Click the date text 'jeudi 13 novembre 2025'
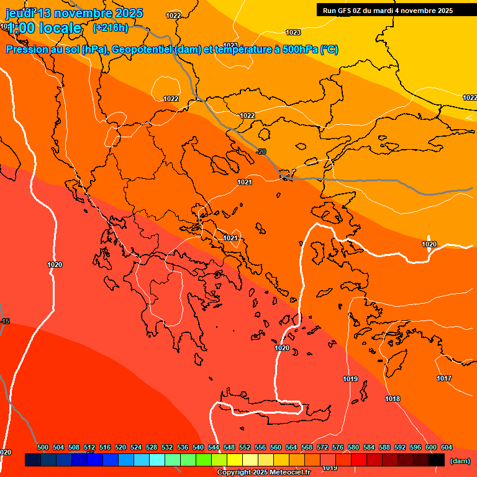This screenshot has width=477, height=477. pos(74,13)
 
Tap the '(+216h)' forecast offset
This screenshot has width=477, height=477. pos(111,28)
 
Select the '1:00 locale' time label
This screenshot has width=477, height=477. pos(44,28)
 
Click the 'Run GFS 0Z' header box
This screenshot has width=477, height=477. pos(388,11)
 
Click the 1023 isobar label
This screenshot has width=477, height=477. pos(293,32)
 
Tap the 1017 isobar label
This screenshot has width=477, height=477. pos(444,378)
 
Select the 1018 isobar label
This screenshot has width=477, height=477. pos(393,399)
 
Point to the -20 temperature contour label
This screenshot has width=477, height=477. pos(261,152)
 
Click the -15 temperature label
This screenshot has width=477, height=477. pos(6,321)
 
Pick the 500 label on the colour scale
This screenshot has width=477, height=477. pos(43,447)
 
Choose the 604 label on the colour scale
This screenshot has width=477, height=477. pos(447,447)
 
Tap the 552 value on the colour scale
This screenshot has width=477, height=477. pos(245,447)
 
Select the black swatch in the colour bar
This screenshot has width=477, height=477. pos(437,460)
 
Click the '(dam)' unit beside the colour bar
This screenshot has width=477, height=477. pos(460,461)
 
